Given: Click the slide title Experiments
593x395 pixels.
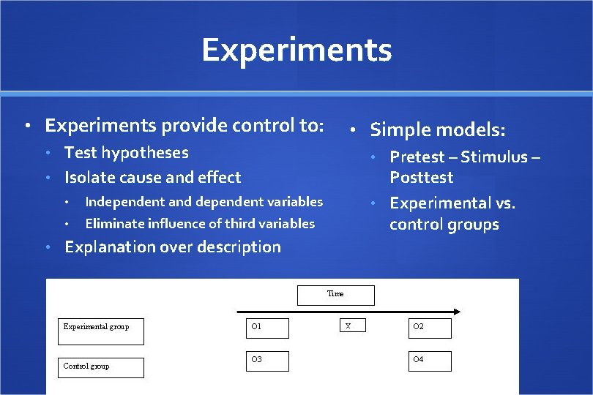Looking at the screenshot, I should pos(296,50).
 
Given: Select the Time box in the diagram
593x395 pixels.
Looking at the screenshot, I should pos(335,295).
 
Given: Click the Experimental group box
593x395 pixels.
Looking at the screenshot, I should pos(101,331).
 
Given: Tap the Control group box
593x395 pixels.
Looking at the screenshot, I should pos(101,367).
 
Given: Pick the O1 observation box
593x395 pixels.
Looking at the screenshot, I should pos(267,328).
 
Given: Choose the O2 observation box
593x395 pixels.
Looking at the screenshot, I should pos(430,328).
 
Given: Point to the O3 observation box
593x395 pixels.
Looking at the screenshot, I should pos(267,361).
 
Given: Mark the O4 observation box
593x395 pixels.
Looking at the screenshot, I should pos(430,361).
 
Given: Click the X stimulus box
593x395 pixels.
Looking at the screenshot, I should pos(353,326).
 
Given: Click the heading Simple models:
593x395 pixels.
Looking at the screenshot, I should pos(437,130).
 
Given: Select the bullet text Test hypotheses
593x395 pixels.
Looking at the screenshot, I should pos(126,153).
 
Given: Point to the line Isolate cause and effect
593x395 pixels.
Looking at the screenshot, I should pos(152,177).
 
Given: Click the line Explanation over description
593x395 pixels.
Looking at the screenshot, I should pos(172,247).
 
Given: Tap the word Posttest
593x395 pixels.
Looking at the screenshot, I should pos(421,178).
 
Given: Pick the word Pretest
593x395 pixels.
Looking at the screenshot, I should pos(417,157).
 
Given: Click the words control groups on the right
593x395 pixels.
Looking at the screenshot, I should pos(444,225).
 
